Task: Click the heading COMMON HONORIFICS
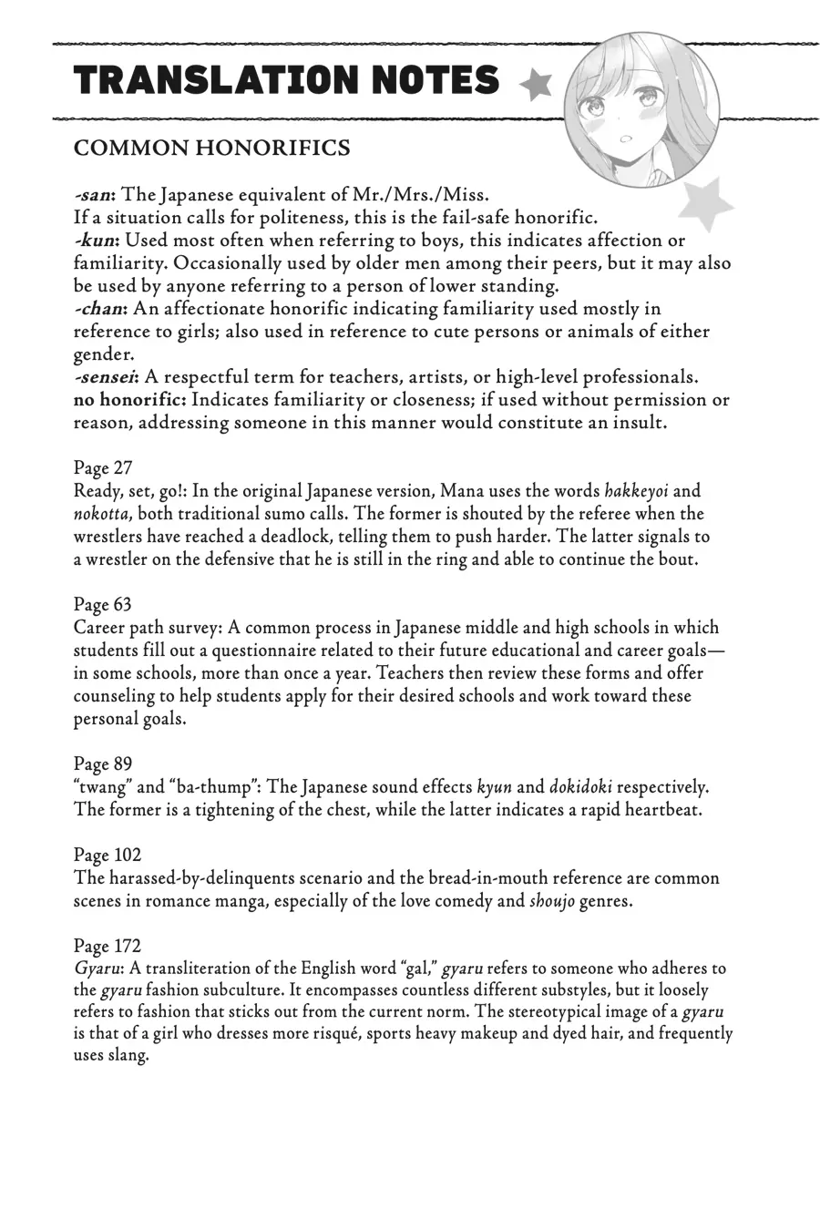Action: pyautogui.click(x=211, y=149)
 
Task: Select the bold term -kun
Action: pyautogui.click(x=96, y=241)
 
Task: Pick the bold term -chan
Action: pyautogui.click(x=100, y=309)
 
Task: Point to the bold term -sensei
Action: pyautogui.click(x=107, y=377)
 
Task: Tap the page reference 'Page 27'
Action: pyautogui.click(x=103, y=467)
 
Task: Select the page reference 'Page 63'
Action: pyautogui.click(x=103, y=604)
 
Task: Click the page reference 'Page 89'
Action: pyautogui.click(x=103, y=764)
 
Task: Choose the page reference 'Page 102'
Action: pyautogui.click(x=108, y=855)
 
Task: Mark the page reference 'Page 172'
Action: pyautogui.click(x=108, y=946)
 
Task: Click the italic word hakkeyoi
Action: pyautogui.click(x=637, y=491)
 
